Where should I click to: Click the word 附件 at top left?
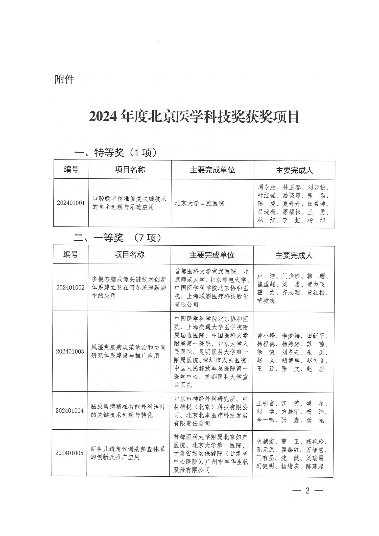tap(65, 79)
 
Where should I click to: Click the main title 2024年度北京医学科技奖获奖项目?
tap(194, 116)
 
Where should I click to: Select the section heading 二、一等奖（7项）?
tap(117, 238)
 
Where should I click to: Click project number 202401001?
tap(71, 203)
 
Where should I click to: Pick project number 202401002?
tap(70, 287)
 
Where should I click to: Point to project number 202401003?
tap(70, 351)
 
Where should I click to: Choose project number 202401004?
tap(69, 411)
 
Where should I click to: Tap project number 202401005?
tap(69, 453)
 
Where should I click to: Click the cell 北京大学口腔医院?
tap(199, 203)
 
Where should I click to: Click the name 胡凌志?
tap(266, 301)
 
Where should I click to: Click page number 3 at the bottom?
tap(307, 498)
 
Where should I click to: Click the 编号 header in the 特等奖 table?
tap(71, 169)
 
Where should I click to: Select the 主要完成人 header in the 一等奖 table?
tap(294, 255)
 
